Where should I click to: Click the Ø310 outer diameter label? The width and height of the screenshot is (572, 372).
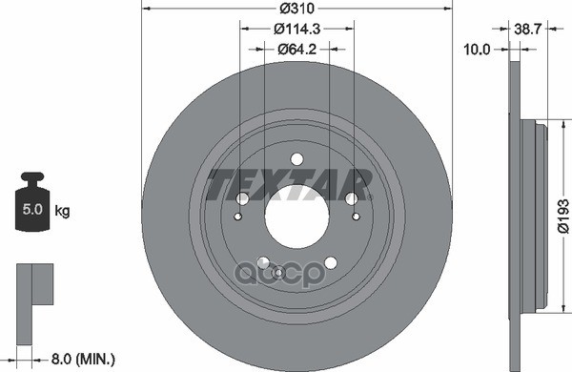point(296,8)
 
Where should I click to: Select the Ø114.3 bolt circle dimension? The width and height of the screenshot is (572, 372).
point(296,29)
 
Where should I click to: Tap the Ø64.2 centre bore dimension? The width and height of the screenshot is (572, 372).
point(296,49)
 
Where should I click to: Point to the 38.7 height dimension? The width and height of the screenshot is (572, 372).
point(528,29)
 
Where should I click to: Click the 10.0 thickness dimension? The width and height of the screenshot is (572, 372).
point(477,49)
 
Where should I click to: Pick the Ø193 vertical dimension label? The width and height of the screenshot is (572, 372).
point(562,216)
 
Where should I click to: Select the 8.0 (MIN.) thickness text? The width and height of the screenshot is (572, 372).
point(83,360)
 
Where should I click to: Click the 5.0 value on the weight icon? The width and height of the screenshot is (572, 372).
point(32,209)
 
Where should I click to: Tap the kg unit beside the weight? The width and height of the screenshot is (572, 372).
point(62,211)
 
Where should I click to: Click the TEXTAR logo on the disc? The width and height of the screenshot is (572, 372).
point(289,184)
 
